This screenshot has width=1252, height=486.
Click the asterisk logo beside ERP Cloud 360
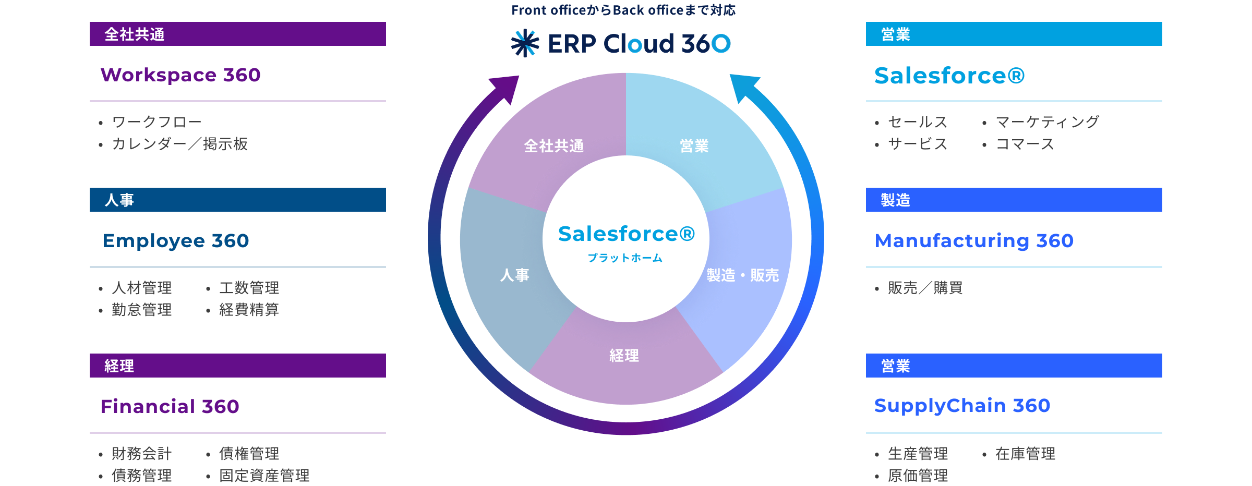coord(525,43)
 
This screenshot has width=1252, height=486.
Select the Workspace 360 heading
coord(180,75)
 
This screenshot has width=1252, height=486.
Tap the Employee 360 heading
coord(176,241)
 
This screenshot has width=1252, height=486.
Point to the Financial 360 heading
coord(170,406)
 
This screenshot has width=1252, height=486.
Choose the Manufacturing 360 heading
coord(974,241)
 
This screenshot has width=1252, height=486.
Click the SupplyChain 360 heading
coord(962,406)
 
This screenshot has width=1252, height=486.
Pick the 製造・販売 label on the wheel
coord(742,275)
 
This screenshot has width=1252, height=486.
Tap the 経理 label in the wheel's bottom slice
coord(624,356)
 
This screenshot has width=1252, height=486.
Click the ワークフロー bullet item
coord(156,122)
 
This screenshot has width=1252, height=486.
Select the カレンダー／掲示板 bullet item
coord(179,144)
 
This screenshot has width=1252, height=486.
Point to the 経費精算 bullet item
coord(249,310)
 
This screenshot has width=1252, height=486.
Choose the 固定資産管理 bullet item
coord(264,475)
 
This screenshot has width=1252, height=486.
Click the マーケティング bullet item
coord(1047,122)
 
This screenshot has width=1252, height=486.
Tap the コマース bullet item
coord(1025,144)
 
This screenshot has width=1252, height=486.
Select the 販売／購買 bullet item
coord(925,288)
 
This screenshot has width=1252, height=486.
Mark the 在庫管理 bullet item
coord(1025,454)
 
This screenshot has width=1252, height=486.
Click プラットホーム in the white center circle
coord(625,258)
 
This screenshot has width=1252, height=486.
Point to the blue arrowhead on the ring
coord(743,87)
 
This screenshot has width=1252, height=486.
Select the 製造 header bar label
coord(895,200)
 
